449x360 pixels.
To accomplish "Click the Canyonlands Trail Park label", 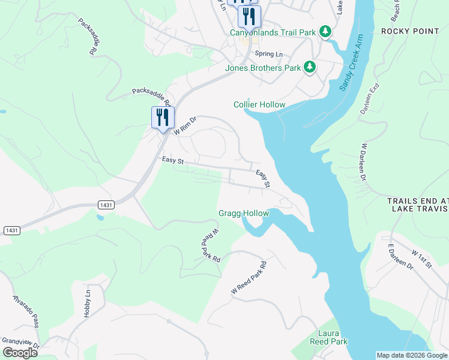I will tap(273, 32).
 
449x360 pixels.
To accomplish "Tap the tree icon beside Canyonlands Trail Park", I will tap(325, 31).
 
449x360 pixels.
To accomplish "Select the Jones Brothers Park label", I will tap(262, 68).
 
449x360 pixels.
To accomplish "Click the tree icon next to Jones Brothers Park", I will tap(310, 67).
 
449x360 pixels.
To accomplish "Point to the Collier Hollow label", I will tap(259, 105).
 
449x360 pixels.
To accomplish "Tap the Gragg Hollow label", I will tap(244, 214).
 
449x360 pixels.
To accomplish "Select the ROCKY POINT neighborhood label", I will tap(414, 31).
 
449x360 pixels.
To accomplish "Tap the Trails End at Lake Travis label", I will tap(418, 205).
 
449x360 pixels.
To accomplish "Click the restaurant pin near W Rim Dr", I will tap(162, 117).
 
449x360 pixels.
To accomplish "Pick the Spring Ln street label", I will tap(268, 54).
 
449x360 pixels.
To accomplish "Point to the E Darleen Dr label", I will tap(401, 257).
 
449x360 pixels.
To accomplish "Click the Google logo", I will tap(20, 353).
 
